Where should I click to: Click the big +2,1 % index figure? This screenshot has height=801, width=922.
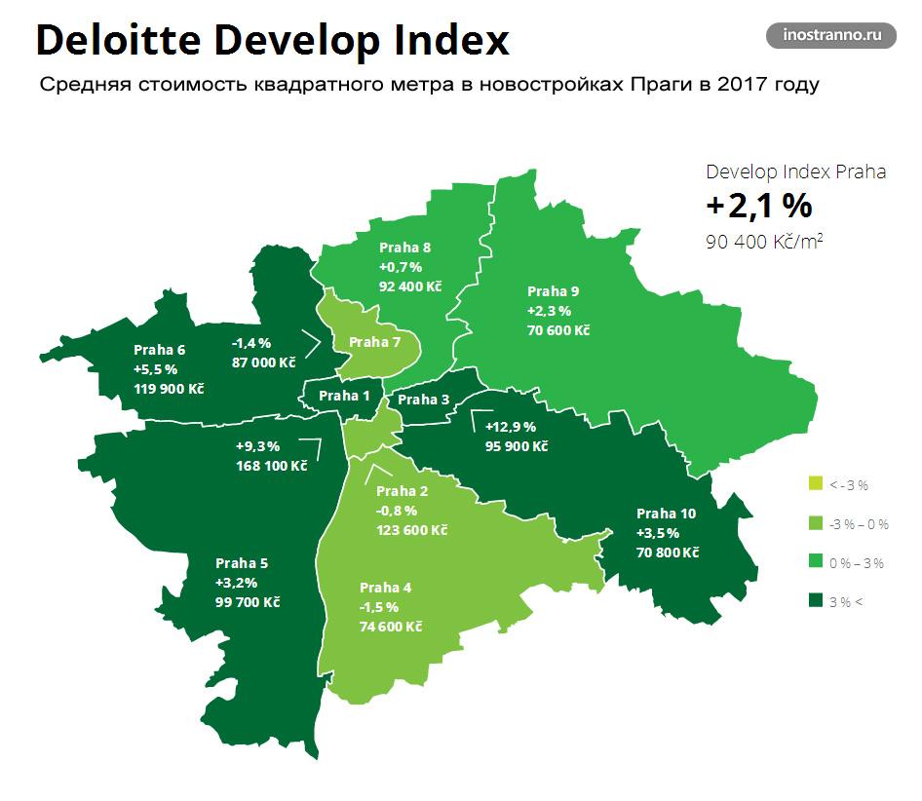pyautogui.click(x=759, y=206)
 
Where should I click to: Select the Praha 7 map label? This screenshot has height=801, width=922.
pyautogui.click(x=374, y=341)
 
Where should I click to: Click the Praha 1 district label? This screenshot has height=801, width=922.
pyautogui.click(x=345, y=396)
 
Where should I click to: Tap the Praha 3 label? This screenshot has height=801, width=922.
pyautogui.click(x=424, y=399)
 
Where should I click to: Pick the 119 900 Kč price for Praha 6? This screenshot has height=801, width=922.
pyautogui.click(x=168, y=388)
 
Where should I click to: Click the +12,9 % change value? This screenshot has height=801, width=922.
pyautogui.click(x=510, y=427)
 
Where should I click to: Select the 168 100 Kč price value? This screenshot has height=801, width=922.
pyautogui.click(x=271, y=465)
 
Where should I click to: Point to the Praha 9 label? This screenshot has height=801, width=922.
pyautogui.click(x=553, y=291)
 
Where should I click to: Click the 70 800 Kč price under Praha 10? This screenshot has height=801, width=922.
pyautogui.click(x=668, y=552)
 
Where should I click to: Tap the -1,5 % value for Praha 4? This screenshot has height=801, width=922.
pyautogui.click(x=379, y=607)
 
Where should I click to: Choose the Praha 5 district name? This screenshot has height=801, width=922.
pyautogui.click(x=241, y=563)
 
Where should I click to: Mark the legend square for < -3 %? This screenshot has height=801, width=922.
pyautogui.click(x=815, y=483)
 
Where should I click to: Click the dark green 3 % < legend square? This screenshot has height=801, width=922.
pyautogui.click(x=815, y=601)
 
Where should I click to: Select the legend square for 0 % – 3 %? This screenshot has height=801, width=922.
pyautogui.click(x=815, y=562)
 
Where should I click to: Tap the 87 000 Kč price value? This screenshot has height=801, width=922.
pyautogui.click(x=263, y=362)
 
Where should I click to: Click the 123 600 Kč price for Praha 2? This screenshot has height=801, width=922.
pyautogui.click(x=411, y=529)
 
